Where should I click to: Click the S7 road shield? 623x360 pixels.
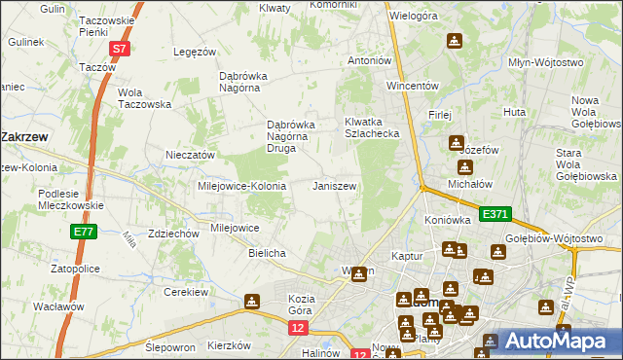(119, 48)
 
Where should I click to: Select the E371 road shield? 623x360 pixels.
(495, 212)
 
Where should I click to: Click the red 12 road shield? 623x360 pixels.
(298, 330)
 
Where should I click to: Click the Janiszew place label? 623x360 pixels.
(334, 185)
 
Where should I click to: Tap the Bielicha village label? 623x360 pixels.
(267, 253)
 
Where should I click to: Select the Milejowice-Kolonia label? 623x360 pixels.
(241, 186)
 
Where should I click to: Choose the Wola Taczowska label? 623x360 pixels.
(144, 98)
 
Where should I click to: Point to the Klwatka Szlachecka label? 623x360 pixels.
(372, 127)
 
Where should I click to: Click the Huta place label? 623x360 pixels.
(515, 112)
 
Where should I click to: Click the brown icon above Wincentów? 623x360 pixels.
(454, 41)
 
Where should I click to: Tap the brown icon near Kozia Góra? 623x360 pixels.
(252, 302)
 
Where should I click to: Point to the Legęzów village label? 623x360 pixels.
(193, 52)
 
